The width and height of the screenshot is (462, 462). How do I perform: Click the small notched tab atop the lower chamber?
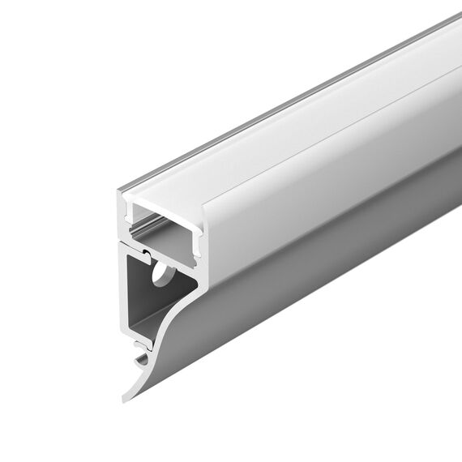point(147,255)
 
